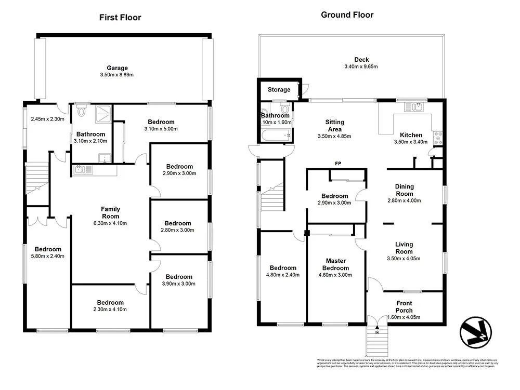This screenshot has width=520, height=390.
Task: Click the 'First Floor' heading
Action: (120, 17)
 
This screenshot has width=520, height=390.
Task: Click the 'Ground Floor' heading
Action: (347, 15)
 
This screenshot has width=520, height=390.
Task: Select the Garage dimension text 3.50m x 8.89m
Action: (117, 75)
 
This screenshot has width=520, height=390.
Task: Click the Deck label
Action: (361, 60)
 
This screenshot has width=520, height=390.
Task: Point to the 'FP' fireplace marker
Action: (337, 164)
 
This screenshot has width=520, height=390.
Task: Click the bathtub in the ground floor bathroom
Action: (276, 136)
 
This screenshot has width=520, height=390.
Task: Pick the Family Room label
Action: (110, 212)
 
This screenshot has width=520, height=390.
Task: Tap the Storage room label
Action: (279, 90)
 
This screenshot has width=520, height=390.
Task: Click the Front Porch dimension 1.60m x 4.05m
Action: (404, 317)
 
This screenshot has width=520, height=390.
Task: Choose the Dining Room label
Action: (404, 190)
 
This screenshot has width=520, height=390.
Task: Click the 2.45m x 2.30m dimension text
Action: (47, 119)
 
